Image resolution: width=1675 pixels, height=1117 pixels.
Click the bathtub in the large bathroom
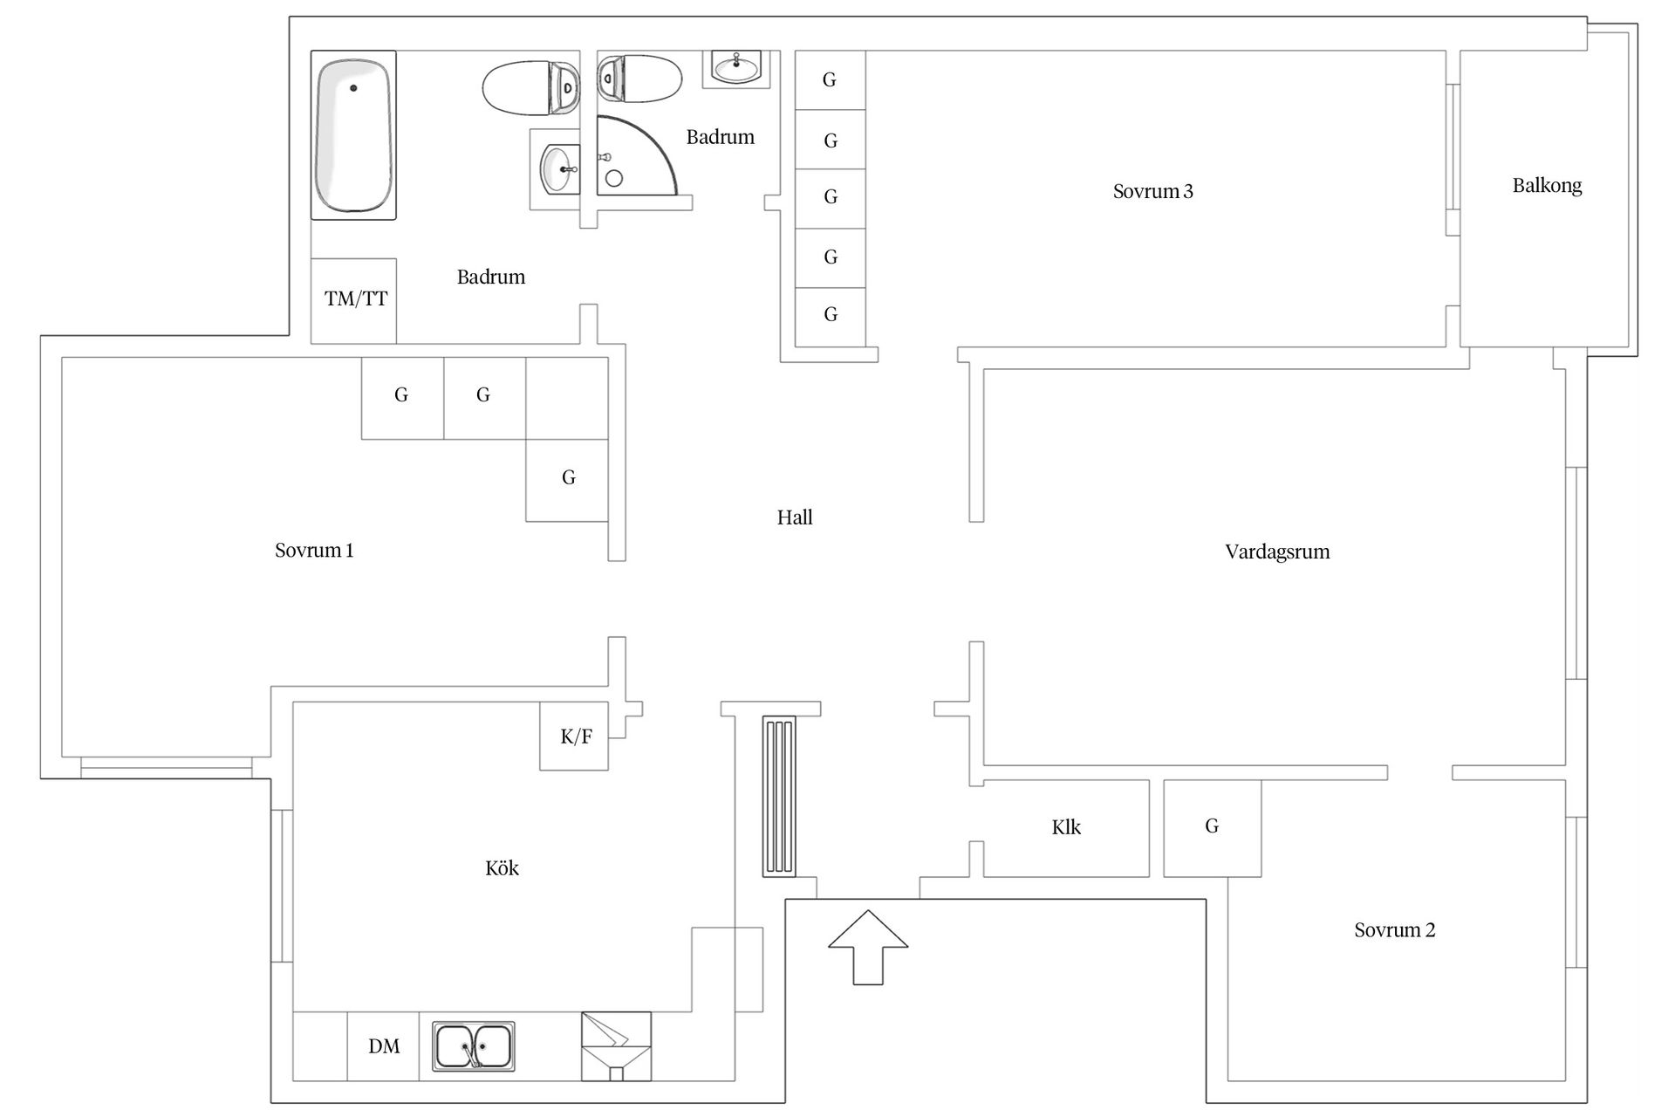pos(353,135)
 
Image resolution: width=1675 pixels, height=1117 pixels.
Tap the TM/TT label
pos(356,299)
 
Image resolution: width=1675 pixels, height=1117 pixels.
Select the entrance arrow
pos(868,948)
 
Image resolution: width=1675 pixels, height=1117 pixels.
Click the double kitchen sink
pos(474,1046)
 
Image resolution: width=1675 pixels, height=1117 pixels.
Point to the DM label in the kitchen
pos(384,1046)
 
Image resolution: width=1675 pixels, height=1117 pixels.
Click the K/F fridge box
pos(574,736)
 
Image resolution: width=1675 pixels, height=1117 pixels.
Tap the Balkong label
pos(1547,186)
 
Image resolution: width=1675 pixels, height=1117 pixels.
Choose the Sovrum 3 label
pos(1152,192)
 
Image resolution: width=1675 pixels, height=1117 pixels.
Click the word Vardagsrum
pos(1277,552)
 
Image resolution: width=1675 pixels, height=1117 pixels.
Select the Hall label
pos(795,517)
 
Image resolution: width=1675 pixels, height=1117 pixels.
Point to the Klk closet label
pos(1066,827)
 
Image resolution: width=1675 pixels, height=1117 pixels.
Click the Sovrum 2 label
pos(1394,930)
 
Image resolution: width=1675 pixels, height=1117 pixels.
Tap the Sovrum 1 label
pos(314,551)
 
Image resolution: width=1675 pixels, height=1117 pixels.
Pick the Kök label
pos(502,868)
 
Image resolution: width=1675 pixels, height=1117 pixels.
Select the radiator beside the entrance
pos(779,796)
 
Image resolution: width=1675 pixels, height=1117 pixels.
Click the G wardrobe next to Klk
pos(1212,828)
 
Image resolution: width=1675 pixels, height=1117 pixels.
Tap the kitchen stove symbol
pos(616,1046)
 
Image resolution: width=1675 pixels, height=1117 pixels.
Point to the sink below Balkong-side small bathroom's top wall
pos(736,68)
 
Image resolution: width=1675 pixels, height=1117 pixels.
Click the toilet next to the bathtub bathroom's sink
pos(530,87)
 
